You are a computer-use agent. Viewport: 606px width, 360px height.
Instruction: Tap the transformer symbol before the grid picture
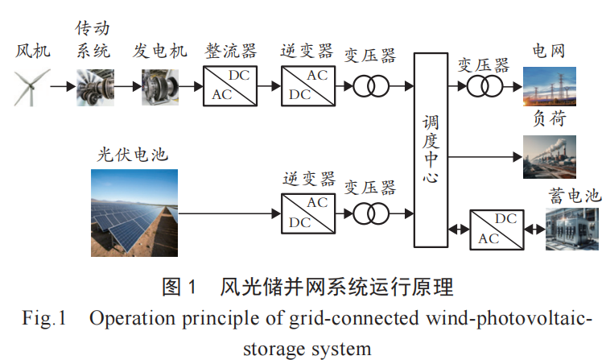pos(483,85)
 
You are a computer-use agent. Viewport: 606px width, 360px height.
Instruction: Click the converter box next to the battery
pos(495,229)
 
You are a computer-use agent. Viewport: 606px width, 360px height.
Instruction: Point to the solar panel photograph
pos(134,213)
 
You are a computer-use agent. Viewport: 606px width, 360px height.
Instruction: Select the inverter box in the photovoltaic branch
pos(306,213)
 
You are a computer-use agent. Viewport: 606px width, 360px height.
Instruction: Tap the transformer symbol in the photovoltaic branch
pos(369,213)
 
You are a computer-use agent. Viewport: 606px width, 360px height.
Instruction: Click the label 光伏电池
pos(133,154)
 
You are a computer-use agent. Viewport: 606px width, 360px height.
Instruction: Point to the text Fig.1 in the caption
pos(41,318)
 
